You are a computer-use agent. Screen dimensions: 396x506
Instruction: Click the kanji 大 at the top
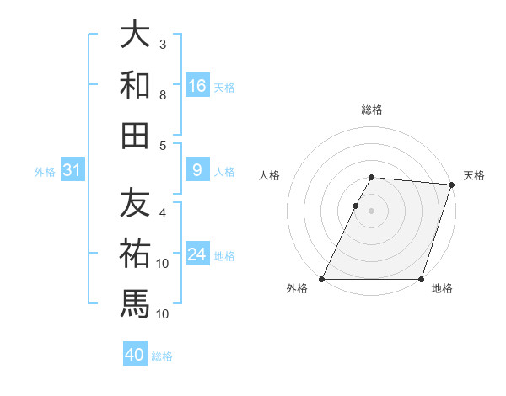(135, 35)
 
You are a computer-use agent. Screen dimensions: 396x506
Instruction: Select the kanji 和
(135, 84)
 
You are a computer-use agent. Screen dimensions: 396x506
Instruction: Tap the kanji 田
(135, 134)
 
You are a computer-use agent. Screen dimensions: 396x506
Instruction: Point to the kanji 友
(135, 202)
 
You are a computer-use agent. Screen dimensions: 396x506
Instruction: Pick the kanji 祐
(135, 252)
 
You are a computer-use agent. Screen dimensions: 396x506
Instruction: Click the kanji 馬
(135, 302)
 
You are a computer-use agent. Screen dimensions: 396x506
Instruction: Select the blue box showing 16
(197, 86)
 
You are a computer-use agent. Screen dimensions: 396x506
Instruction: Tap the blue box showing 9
(197, 171)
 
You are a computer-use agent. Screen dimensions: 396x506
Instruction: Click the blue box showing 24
(197, 255)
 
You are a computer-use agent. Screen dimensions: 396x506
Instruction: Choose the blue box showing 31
(72, 171)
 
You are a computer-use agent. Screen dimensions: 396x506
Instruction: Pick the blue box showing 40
(134, 356)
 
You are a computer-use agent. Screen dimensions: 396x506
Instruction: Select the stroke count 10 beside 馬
(164, 313)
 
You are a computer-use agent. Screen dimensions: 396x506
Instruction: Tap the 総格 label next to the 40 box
(162, 356)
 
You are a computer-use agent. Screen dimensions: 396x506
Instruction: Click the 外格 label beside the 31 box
(45, 172)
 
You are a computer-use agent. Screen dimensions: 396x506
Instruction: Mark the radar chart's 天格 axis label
(474, 175)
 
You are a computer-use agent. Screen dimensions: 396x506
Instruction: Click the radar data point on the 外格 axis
(322, 278)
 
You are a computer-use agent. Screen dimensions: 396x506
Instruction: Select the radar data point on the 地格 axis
(421, 278)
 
